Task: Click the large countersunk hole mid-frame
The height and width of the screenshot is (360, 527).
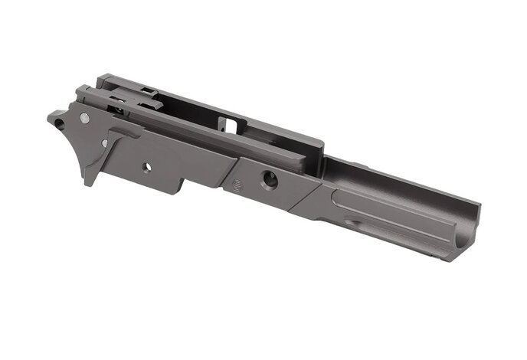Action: click(x=270, y=179)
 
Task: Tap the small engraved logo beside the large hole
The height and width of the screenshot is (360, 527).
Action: click(x=236, y=182)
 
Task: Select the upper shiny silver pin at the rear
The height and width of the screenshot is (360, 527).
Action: click(x=83, y=118)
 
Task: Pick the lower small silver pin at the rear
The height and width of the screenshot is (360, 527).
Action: click(x=104, y=143)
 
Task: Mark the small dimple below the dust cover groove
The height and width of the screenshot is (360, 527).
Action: click(x=349, y=223)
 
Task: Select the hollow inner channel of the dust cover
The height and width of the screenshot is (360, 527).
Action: click(x=398, y=180)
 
